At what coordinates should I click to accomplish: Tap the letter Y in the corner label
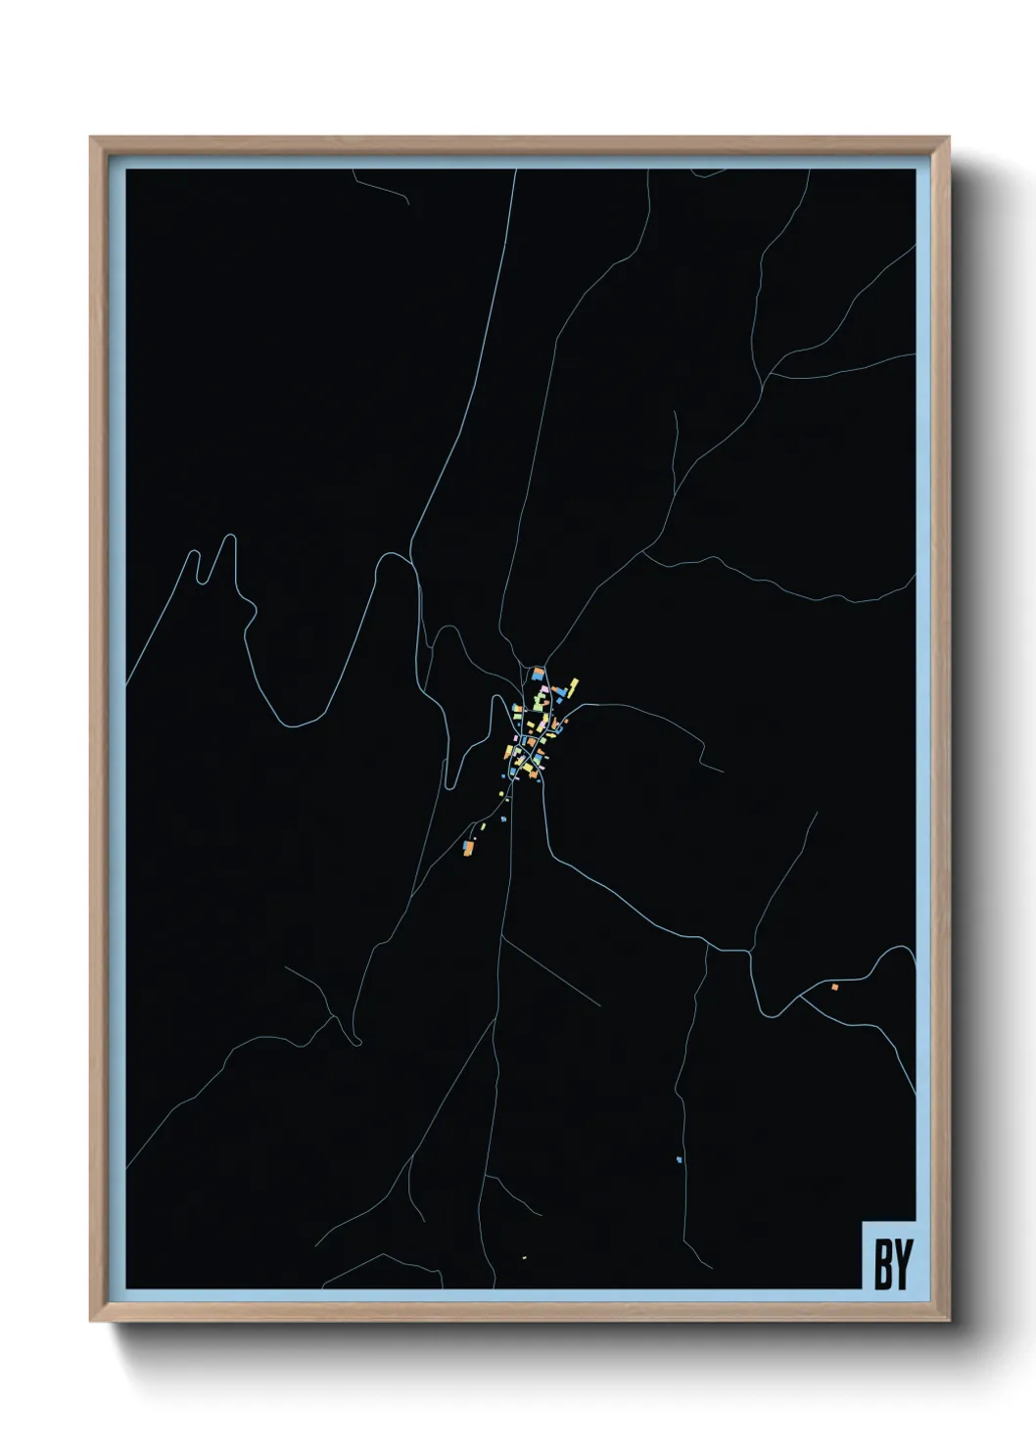point(901,1264)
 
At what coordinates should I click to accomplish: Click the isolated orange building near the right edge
point(834,987)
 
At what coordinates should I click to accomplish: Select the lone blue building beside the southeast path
point(679,1160)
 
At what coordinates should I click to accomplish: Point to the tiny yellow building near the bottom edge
point(524,1257)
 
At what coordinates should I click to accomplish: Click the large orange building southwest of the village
point(469,847)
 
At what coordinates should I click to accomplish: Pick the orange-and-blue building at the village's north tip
point(538,674)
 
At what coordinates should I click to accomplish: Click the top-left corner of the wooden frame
point(93,140)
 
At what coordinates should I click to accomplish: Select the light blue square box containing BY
point(888,1254)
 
